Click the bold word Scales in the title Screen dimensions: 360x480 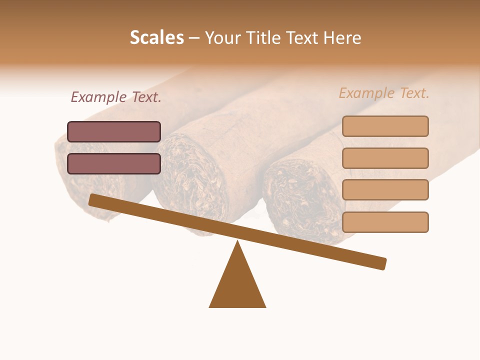(x=156, y=37)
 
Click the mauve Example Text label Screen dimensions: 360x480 (x=116, y=97)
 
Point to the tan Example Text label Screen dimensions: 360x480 (x=384, y=93)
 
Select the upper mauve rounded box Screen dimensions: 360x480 (x=114, y=131)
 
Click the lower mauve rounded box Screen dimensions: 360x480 (x=114, y=163)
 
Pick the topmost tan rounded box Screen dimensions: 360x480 (x=385, y=126)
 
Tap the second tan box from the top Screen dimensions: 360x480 (x=385, y=158)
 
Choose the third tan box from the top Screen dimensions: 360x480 (x=385, y=190)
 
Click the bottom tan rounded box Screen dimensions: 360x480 (x=385, y=222)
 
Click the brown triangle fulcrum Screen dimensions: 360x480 (x=237, y=285)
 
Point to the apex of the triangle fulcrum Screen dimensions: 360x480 (x=237, y=242)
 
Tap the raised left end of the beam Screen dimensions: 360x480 (x=93, y=199)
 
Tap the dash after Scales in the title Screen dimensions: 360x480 (x=194, y=37)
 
